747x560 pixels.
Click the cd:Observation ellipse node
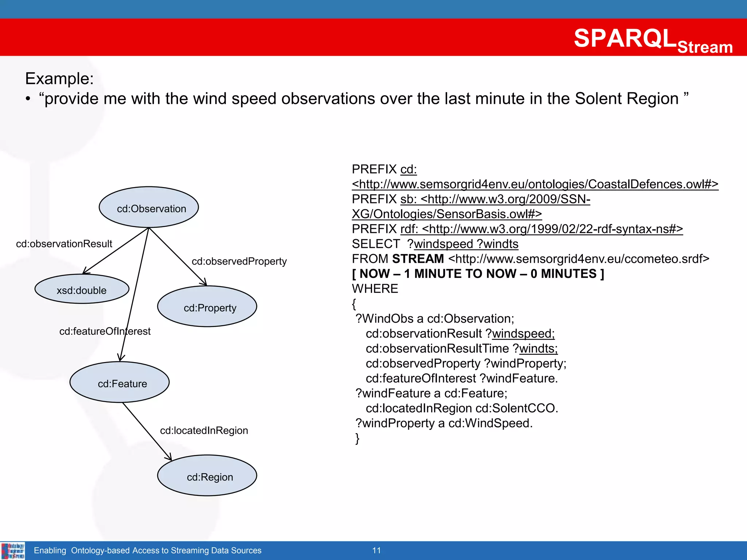[x=149, y=207]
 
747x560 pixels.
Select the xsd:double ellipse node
[x=82, y=289]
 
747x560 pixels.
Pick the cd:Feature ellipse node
[x=120, y=382]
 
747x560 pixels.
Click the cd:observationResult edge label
[x=64, y=244]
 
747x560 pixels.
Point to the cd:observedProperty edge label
[x=239, y=261]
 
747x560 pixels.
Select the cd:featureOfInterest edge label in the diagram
[x=105, y=331]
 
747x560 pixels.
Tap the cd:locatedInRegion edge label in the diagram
[x=204, y=431]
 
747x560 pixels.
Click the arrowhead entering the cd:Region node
[x=169, y=457]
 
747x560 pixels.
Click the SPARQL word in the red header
[x=625, y=38]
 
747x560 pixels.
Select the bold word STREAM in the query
[x=418, y=259]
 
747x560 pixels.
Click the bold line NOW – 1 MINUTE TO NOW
[x=478, y=274]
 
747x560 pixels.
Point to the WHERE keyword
[x=375, y=289]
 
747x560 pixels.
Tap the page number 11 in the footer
[x=376, y=551]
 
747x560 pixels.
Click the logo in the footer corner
[x=13, y=551]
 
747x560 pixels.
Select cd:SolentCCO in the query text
[x=516, y=408]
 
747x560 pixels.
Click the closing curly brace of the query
[x=357, y=438]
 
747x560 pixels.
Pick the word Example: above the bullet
[x=59, y=79]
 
